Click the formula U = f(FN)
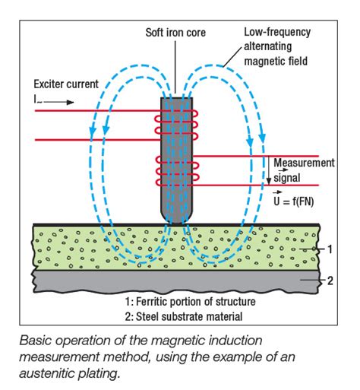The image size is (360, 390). (302, 201)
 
